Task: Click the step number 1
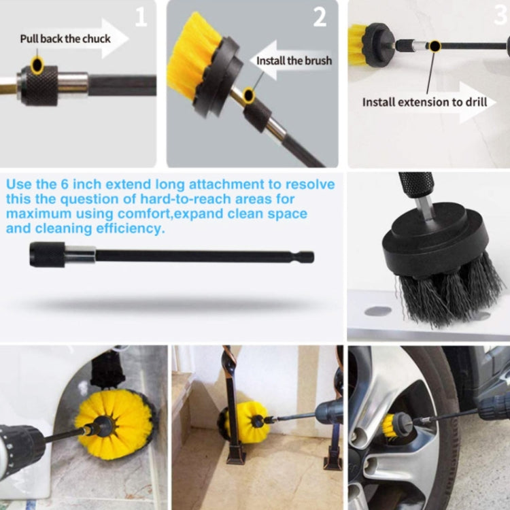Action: [x=141, y=16]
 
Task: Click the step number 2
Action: [x=320, y=17]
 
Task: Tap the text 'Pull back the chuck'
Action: [x=65, y=38]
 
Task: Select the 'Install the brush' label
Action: [x=294, y=61]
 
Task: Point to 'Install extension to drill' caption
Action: [x=424, y=102]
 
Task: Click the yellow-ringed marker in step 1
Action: [x=37, y=65]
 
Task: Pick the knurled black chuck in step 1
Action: [x=39, y=85]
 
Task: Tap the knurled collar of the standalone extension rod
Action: [x=47, y=255]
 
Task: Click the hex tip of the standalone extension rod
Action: [x=307, y=257]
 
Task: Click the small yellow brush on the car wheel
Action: [x=394, y=425]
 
